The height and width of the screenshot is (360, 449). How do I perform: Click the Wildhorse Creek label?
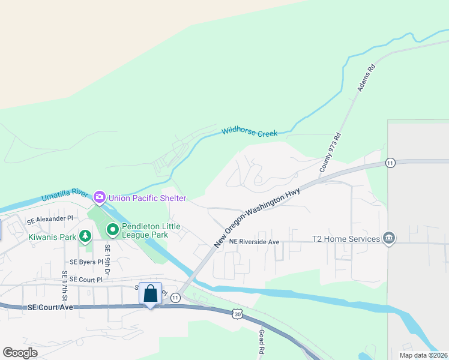[x=250, y=131]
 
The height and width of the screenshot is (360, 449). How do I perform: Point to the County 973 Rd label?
[x=330, y=154]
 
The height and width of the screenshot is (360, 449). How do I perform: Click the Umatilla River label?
[x=65, y=196]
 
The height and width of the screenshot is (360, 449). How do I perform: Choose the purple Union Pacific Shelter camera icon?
[x=100, y=197]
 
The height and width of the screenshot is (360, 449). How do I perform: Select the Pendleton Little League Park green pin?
[x=112, y=230]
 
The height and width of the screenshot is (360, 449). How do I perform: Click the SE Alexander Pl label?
[x=50, y=218]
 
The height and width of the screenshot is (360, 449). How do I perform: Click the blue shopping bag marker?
[x=150, y=294]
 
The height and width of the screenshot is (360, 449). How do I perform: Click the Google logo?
[x=20, y=353]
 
